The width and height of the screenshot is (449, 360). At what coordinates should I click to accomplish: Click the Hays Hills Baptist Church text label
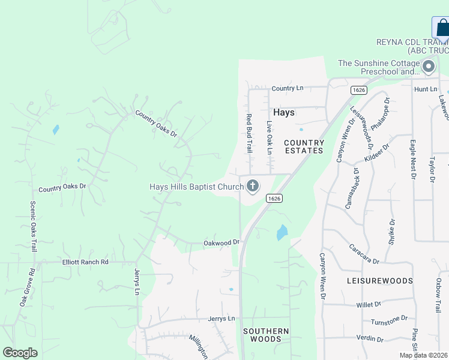coord(196,187)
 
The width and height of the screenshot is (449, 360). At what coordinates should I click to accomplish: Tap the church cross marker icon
coord(253,186)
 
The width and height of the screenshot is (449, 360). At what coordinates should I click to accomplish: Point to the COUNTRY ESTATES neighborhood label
coord(304,147)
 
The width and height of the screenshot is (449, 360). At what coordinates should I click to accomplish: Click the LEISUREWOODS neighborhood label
coord(380,281)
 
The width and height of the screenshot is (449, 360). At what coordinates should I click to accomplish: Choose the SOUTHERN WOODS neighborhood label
coord(265,335)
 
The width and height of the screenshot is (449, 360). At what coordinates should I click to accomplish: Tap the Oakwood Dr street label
coord(221,242)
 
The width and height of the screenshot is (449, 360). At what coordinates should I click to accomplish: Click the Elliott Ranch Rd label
coord(85,262)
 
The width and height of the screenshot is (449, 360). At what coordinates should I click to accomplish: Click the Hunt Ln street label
coord(426,89)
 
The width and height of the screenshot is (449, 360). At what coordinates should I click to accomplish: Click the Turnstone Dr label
coord(389,320)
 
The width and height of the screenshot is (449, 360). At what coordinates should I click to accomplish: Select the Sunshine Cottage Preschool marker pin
coord(429,66)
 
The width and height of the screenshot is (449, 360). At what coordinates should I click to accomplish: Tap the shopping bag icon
coord(442,28)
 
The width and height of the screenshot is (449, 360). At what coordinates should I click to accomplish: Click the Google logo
coord(20,353)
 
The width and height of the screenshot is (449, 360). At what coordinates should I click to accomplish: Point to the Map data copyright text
coord(424,355)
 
